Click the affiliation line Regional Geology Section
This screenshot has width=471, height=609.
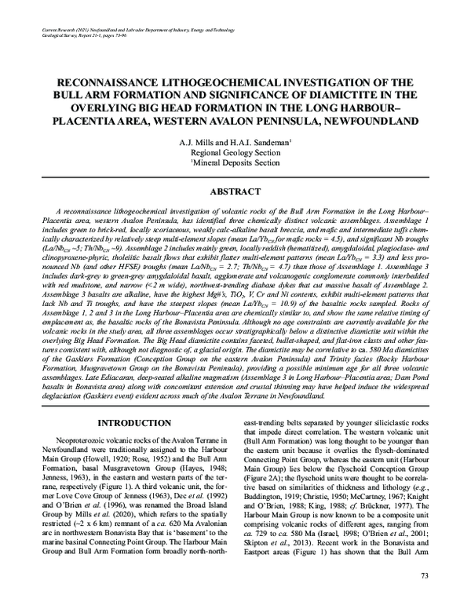tap(235, 152)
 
